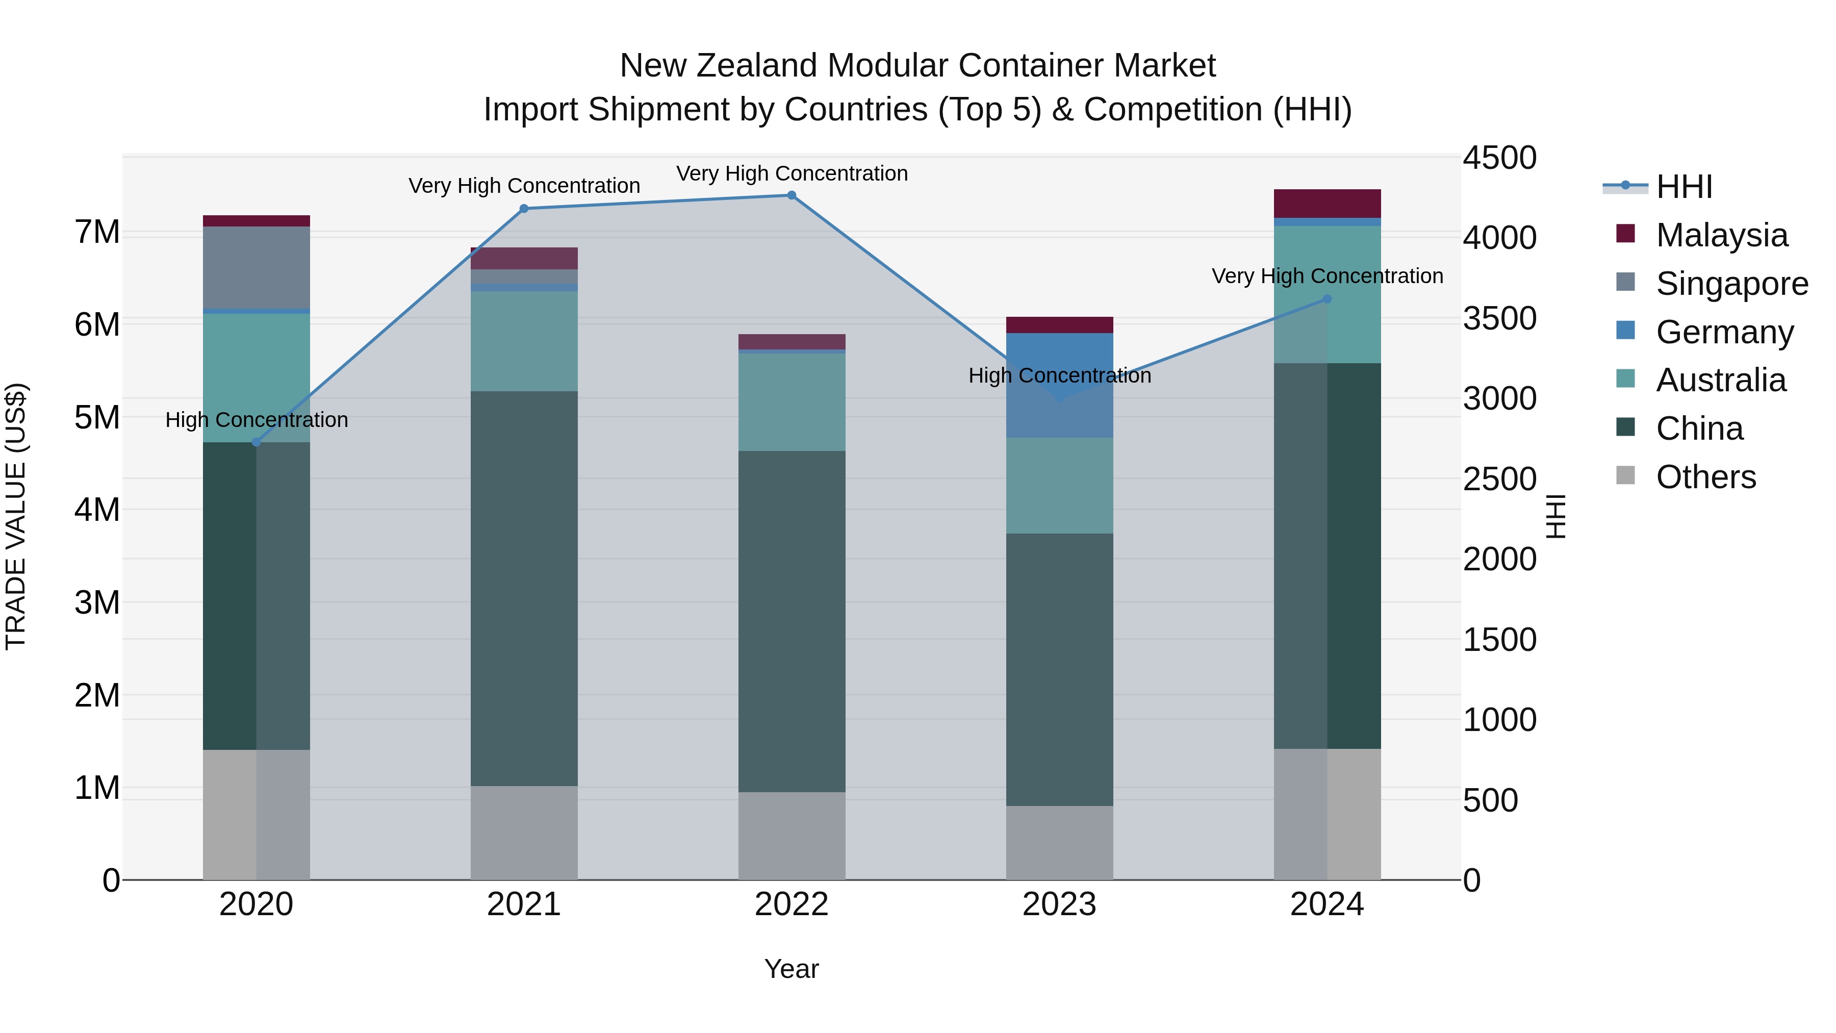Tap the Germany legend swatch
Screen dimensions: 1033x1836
(x=1626, y=331)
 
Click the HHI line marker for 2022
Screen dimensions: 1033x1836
(x=791, y=195)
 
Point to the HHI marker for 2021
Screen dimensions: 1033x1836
(x=524, y=208)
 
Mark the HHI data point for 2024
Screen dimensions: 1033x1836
(x=1327, y=299)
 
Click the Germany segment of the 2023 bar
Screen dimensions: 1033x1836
(x=1060, y=385)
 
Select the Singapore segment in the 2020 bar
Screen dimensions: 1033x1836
(x=257, y=267)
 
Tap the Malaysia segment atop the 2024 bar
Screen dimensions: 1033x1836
(x=1327, y=203)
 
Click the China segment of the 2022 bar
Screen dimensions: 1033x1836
(x=791, y=620)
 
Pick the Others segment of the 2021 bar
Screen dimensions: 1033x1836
(x=524, y=833)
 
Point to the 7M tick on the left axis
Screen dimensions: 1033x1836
(x=97, y=233)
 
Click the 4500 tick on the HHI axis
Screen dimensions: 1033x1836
(x=1499, y=158)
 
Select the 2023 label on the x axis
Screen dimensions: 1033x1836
(x=1059, y=904)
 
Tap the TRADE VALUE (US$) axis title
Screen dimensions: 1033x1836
(x=16, y=516)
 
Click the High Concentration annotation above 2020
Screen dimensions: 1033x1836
(x=257, y=420)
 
